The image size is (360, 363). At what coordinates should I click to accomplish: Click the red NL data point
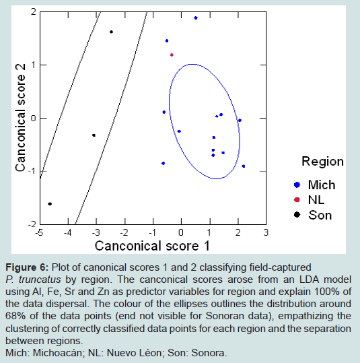(172, 55)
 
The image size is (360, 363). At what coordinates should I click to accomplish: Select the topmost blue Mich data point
(196, 18)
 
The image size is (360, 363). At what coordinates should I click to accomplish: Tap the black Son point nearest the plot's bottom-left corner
(50, 203)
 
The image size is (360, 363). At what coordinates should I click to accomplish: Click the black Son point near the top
(111, 32)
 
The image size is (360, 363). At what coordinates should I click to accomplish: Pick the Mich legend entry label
(322, 185)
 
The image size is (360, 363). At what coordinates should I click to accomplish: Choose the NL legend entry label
(316, 200)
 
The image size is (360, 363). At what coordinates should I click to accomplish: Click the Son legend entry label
(320, 215)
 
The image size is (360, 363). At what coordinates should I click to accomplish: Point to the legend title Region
(322, 162)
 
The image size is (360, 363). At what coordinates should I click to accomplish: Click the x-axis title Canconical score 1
(153, 246)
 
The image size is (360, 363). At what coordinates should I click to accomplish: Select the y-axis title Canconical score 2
(20, 118)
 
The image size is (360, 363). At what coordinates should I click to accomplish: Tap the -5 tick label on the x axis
(39, 232)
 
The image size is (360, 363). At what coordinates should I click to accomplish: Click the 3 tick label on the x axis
(266, 232)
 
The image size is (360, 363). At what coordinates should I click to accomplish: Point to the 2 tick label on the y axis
(34, 11)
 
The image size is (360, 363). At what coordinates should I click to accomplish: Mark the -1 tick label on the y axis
(32, 171)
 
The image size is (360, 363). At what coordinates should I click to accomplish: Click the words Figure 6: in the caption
(27, 267)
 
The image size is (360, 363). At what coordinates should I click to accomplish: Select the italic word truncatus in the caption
(40, 279)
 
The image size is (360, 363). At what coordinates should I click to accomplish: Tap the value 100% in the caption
(326, 292)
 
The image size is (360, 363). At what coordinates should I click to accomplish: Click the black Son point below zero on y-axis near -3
(94, 135)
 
